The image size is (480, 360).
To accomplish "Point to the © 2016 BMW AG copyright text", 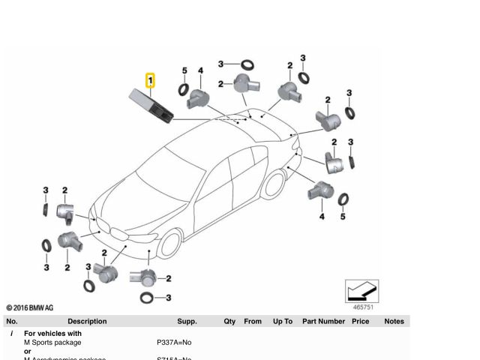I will coord(30,307).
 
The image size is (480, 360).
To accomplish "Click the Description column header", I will coord(87,321).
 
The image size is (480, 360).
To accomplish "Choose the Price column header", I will coord(361,321).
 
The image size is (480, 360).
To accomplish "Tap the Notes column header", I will coord(394,321).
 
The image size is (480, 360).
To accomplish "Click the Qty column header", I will coord(229,321).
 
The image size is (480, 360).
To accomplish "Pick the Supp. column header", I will coord(187,321).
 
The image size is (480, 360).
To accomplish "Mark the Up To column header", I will coord(283,321).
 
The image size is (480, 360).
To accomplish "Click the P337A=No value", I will coord(174,342).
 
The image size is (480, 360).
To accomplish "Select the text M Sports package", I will coord(52,342).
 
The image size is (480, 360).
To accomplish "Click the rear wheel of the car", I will coord(274,184).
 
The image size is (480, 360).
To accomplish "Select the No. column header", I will coord(11,321).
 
